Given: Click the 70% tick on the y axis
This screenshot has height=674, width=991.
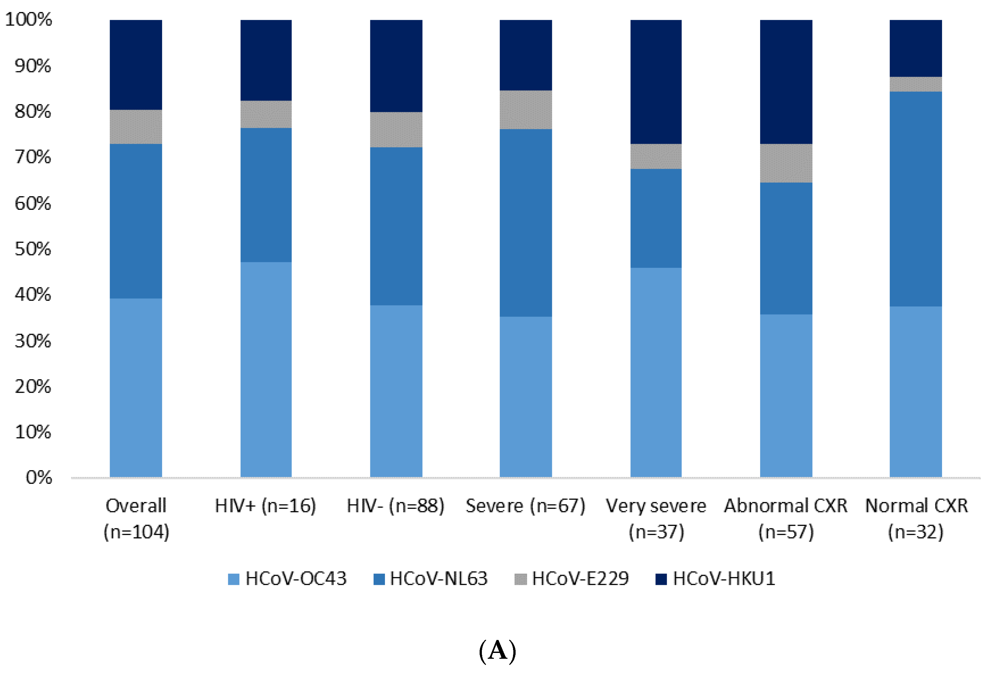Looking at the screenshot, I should (32, 157).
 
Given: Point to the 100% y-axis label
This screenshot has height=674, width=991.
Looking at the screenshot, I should (28, 19).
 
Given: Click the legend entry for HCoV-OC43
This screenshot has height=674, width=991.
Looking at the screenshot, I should (287, 579).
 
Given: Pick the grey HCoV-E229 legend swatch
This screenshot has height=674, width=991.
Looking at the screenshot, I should (520, 579).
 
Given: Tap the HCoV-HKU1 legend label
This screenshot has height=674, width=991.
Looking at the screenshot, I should (724, 579).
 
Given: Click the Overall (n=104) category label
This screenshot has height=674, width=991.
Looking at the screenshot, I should (136, 518).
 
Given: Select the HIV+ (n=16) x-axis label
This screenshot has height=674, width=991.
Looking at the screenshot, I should (265, 506).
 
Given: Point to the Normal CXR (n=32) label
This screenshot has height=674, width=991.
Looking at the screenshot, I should (916, 518).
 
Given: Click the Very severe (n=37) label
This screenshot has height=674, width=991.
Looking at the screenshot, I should (656, 518).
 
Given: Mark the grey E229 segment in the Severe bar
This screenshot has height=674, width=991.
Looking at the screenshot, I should (525, 110).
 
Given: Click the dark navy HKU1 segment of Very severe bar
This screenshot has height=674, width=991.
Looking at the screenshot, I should (656, 81).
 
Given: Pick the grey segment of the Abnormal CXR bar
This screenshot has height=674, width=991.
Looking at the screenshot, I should (786, 163).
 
